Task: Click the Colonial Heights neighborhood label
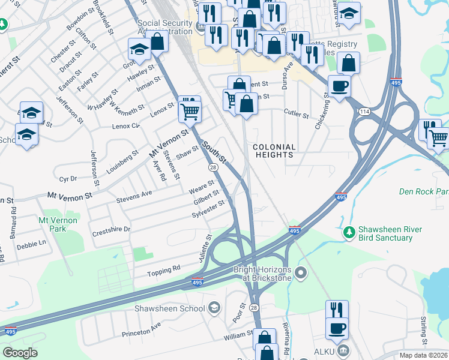coord(274,151)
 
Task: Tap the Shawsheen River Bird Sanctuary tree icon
coord(349,231)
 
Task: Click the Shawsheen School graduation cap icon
coord(214,308)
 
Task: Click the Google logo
coord(20,353)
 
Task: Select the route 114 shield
coord(364,112)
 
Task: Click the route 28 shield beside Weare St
coord(212,167)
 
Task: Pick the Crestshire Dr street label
coord(111,229)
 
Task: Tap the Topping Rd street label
coord(164,271)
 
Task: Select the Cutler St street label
coord(296,113)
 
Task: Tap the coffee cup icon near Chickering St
coord(339,86)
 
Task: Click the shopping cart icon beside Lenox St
coord(190,110)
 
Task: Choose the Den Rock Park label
coord(423,192)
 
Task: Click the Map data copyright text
coord(424,355)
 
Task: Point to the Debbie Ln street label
coord(31,244)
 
